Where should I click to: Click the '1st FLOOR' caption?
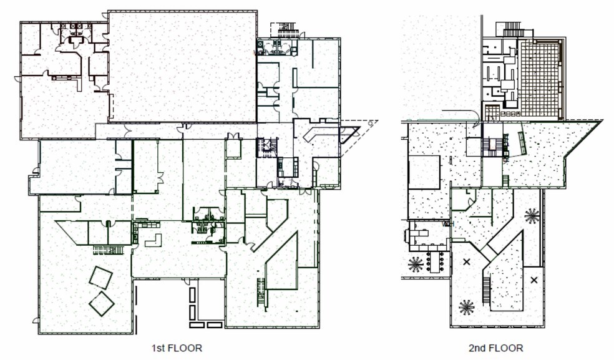point(177,348)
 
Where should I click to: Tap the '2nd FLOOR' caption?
point(495,348)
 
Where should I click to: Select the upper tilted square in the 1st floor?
point(100,277)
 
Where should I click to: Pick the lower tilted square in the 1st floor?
point(101,304)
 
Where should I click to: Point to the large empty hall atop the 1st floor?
point(182,66)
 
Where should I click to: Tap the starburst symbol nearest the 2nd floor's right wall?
point(532,216)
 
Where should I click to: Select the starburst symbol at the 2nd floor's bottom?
point(465,306)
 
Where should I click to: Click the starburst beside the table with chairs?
point(415,264)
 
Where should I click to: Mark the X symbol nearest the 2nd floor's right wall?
point(534,280)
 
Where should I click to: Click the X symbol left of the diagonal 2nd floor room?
point(466,262)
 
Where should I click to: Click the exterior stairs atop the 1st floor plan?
point(285,29)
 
